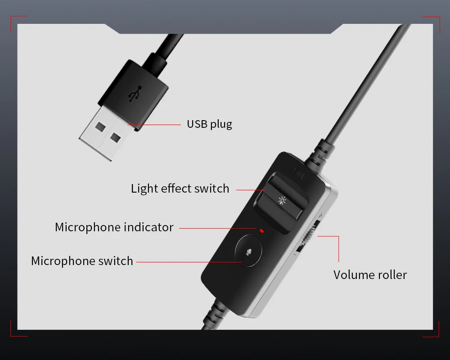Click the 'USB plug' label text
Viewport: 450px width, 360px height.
click(209, 124)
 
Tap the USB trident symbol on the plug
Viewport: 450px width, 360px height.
click(134, 93)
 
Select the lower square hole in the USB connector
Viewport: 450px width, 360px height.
click(116, 137)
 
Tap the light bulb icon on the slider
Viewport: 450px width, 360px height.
click(283, 200)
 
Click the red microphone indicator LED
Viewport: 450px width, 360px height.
click(261, 230)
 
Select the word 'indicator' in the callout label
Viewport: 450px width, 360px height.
click(147, 227)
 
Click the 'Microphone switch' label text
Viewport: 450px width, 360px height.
click(82, 261)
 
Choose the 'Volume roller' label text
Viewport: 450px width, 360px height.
click(370, 274)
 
